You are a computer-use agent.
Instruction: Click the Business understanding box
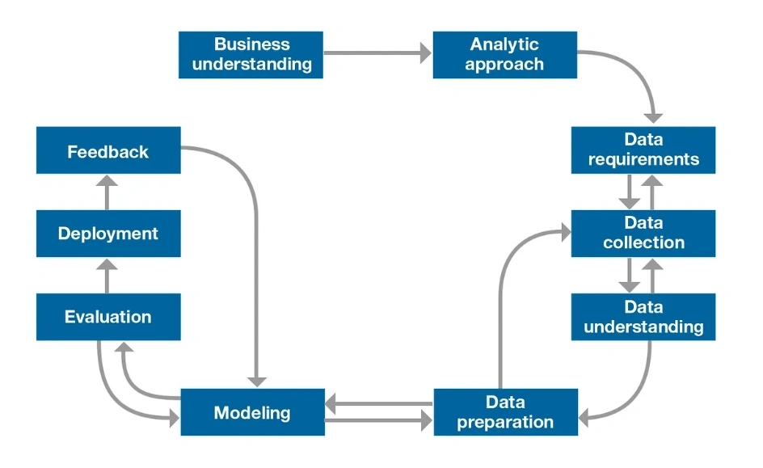click(x=251, y=55)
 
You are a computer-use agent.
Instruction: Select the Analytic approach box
click(x=504, y=55)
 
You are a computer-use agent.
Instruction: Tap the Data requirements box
click(x=643, y=150)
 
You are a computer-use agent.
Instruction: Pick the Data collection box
click(x=643, y=233)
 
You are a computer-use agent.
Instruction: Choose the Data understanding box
click(x=643, y=316)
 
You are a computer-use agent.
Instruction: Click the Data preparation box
click(x=505, y=412)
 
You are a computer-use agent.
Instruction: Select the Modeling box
click(x=252, y=412)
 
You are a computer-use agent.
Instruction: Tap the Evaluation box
click(x=108, y=317)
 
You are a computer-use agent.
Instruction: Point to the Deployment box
click(x=108, y=234)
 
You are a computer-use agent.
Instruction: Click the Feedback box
click(x=108, y=150)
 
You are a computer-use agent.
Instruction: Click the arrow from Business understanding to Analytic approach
click(x=377, y=54)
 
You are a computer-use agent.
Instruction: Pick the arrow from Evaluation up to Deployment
click(x=107, y=275)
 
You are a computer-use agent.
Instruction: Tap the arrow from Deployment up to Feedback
click(x=107, y=192)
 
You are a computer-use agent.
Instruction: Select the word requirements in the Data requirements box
click(x=643, y=159)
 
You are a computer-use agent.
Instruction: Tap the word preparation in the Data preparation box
click(x=505, y=422)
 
